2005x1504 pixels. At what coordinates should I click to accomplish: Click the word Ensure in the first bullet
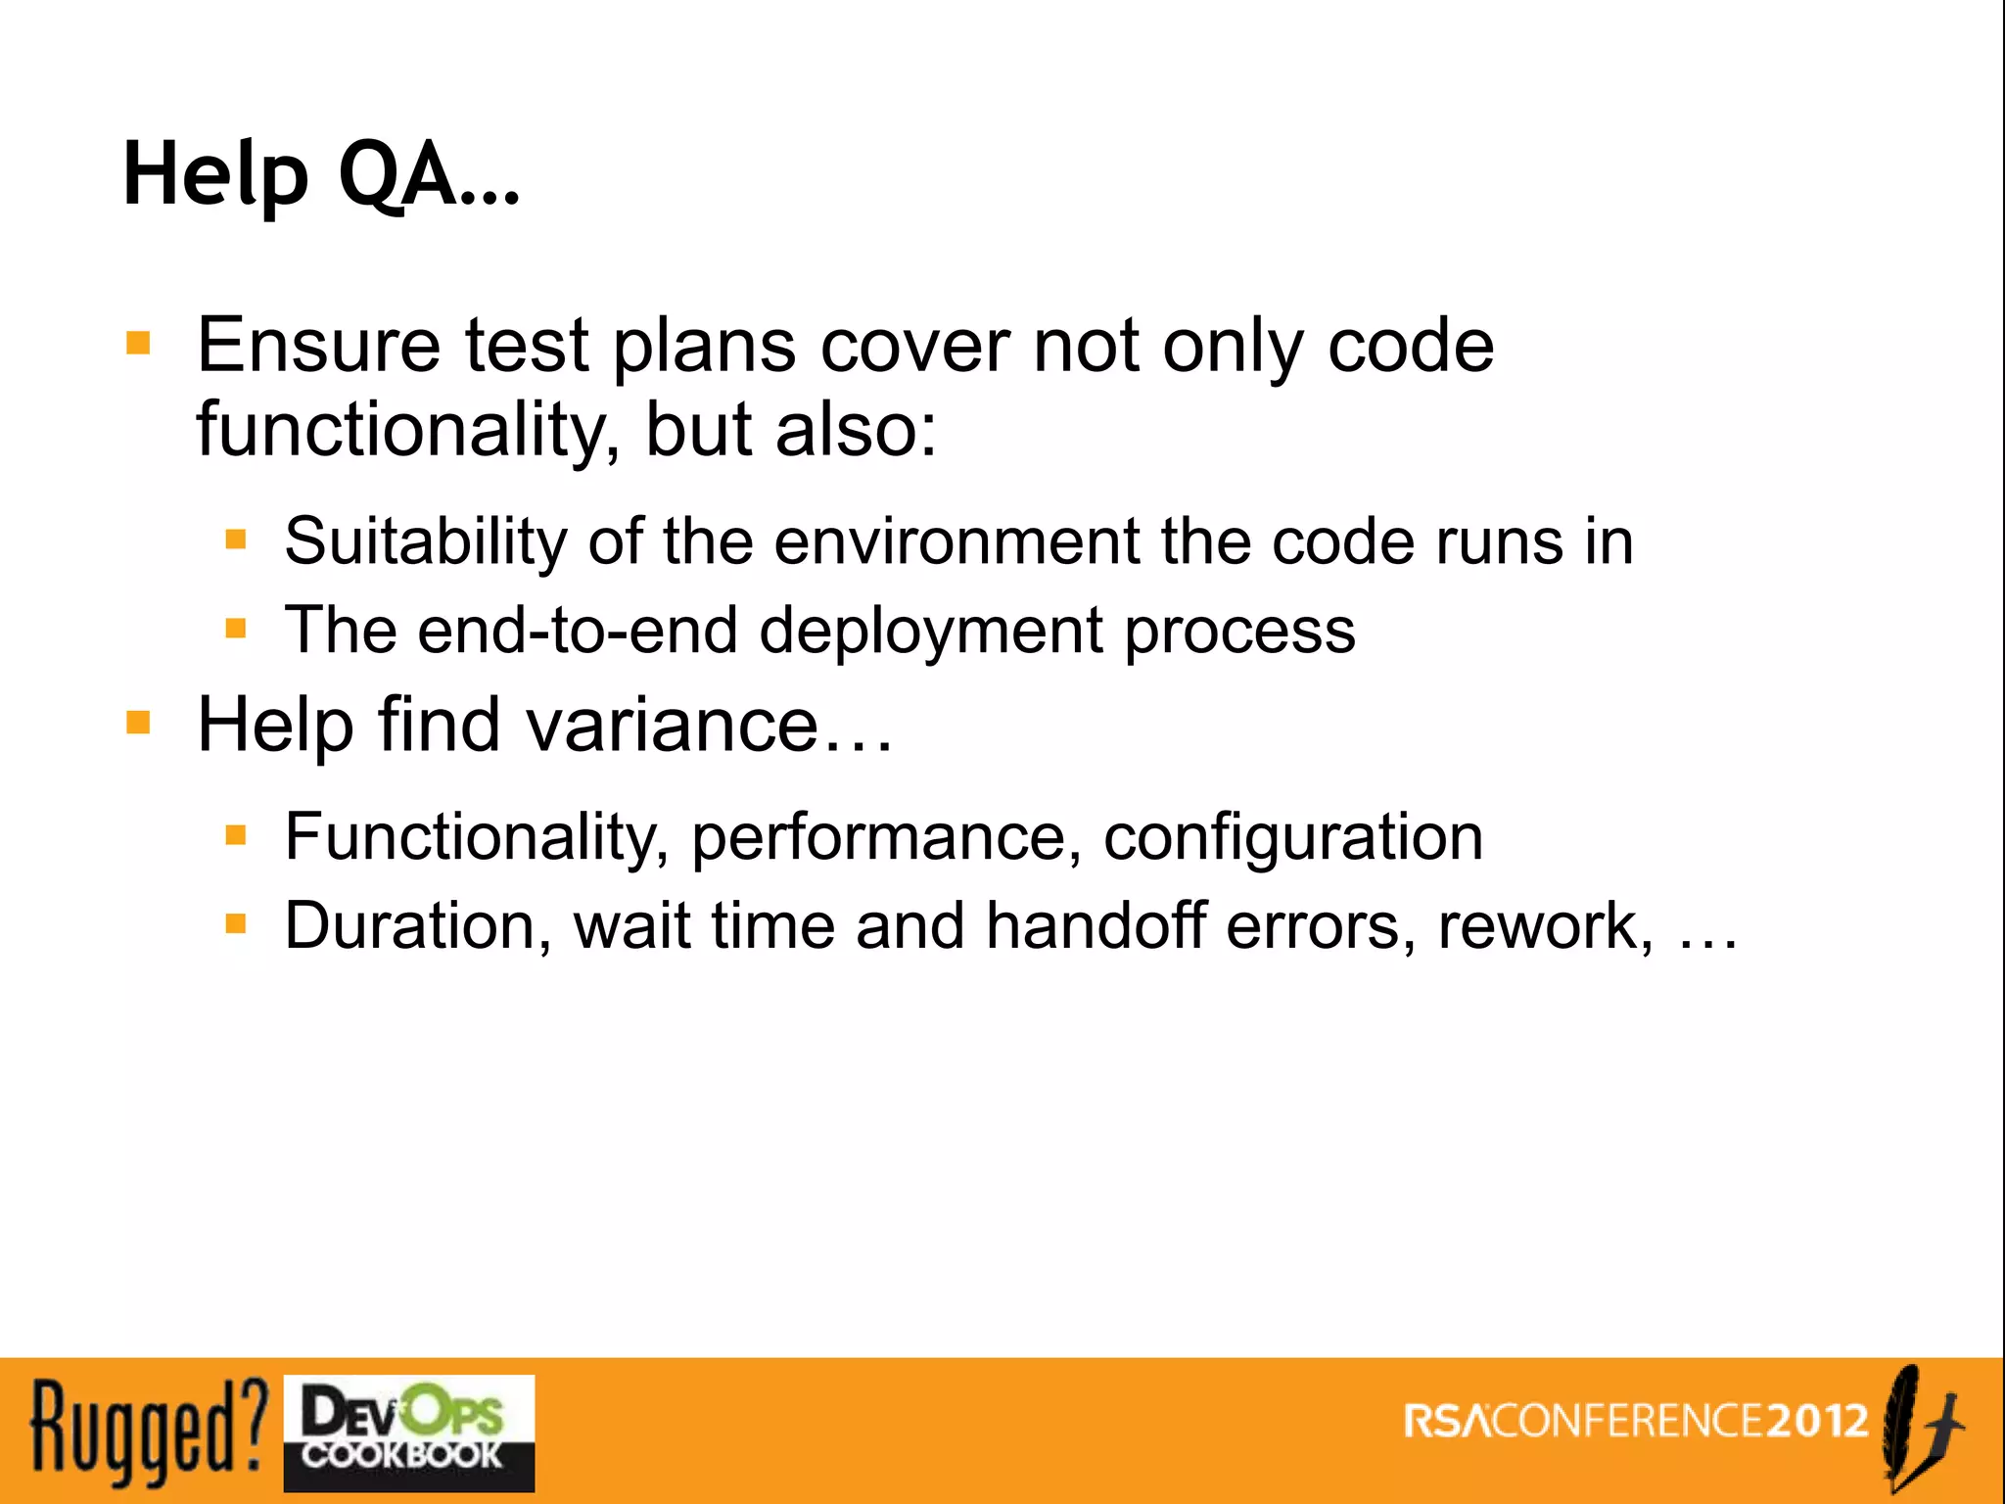click(319, 346)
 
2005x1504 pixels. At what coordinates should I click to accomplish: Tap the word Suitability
click(425, 542)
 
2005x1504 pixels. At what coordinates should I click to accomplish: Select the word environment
click(956, 542)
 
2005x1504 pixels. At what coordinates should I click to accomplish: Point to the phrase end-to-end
click(578, 631)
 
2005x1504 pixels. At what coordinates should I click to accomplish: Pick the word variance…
click(709, 726)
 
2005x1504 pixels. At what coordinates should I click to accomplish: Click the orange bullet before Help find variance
click(139, 723)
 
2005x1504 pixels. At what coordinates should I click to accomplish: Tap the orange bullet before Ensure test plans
click(139, 343)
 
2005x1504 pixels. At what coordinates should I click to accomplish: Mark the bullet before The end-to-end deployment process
click(236, 628)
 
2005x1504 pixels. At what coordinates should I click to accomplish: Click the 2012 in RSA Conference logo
click(1818, 1421)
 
